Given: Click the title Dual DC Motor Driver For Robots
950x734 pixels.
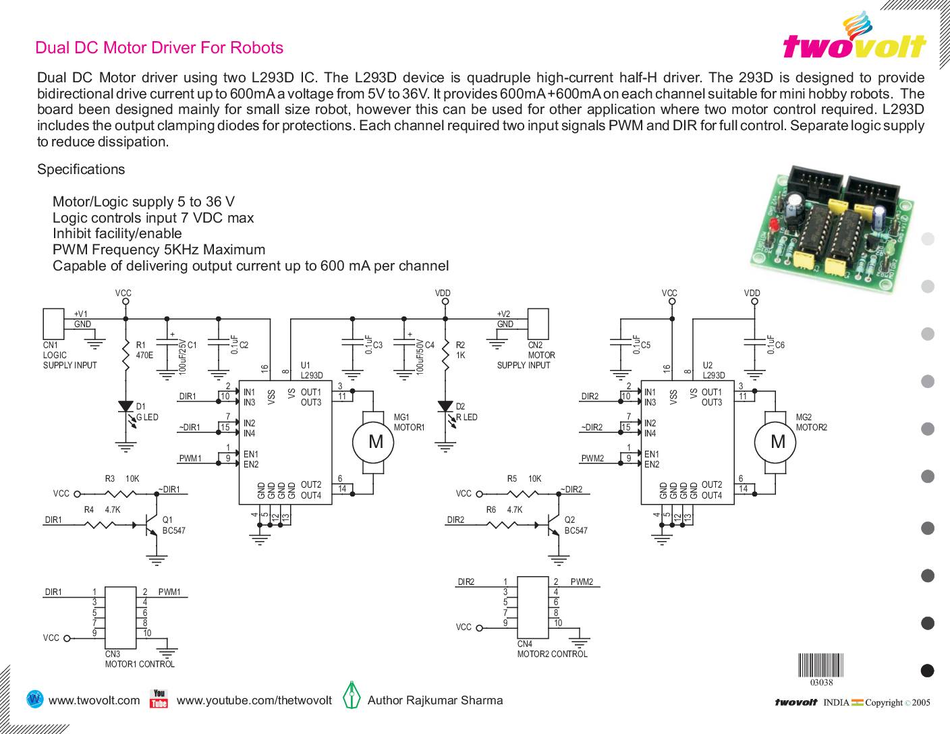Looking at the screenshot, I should [x=159, y=48].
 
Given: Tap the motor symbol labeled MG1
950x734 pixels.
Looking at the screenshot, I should [x=375, y=442].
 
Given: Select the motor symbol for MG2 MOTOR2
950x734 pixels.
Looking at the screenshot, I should [x=777, y=442].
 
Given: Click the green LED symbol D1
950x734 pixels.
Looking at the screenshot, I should [x=125, y=407].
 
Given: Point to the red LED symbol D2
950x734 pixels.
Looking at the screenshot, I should [x=445, y=407].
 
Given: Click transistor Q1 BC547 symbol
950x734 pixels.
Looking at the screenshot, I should [x=151, y=523].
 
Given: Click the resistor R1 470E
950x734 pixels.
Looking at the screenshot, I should [x=125, y=354].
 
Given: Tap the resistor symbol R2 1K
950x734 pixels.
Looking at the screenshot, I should [x=445, y=354].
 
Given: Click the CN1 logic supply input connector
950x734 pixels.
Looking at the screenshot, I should [x=53, y=324].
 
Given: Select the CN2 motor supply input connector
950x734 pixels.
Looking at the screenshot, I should [x=538, y=324].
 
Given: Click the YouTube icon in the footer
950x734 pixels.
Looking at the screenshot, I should [x=159, y=699].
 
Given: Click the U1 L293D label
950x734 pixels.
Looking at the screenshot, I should [x=312, y=370].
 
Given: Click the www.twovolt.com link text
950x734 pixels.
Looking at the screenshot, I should [x=94, y=700].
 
